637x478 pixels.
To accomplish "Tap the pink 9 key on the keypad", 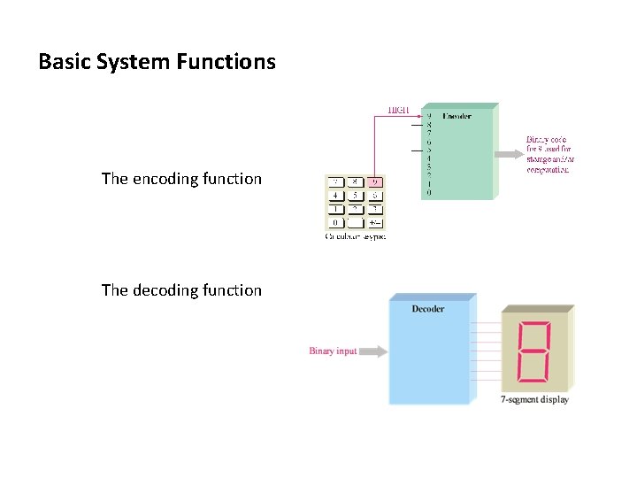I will [x=374, y=182].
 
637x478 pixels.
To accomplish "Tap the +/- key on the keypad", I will [x=374, y=223].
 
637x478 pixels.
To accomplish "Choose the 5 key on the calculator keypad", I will [x=356, y=196].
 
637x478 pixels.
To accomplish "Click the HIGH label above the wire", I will [x=398, y=111].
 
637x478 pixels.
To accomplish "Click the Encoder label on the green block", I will [x=457, y=116].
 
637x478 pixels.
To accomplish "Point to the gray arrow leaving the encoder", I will [x=508, y=153].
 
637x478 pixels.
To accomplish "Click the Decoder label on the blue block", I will [x=428, y=309].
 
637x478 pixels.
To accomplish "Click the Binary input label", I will [x=333, y=351].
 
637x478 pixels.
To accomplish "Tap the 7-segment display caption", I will [x=534, y=400].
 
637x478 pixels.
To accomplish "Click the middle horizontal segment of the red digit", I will [x=534, y=351].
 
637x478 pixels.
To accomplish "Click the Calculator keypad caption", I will [x=355, y=236].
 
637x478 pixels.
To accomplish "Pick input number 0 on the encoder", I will [x=429, y=192].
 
